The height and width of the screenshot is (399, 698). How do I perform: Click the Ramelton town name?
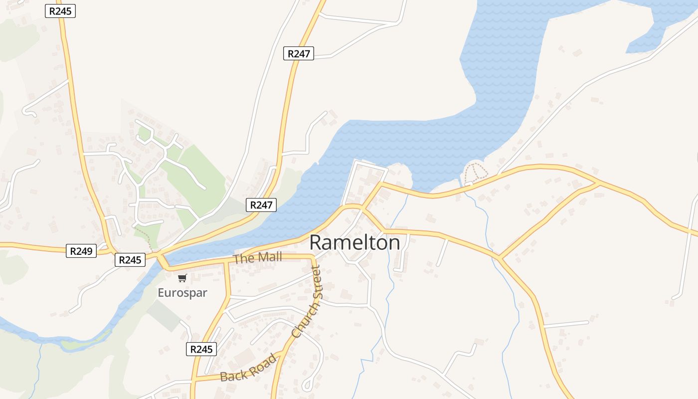tap(354, 243)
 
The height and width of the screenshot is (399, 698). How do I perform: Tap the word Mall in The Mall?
tap(270, 257)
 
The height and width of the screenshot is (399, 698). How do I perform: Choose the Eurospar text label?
tap(182, 293)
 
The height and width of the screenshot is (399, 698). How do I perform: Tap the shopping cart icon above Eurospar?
tap(182, 278)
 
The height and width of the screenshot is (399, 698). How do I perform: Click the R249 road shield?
tap(81, 251)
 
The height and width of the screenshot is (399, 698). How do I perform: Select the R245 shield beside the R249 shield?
tap(130, 259)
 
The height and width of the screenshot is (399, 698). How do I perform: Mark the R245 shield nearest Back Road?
tap(202, 349)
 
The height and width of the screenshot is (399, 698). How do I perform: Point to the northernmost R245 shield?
tap(60, 11)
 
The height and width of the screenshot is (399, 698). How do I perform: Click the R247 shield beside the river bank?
tap(261, 204)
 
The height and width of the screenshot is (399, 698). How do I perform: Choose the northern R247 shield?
tap(299, 53)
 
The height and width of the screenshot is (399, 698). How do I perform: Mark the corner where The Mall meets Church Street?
tap(313, 257)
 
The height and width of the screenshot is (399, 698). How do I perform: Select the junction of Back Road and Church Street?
tap(282, 353)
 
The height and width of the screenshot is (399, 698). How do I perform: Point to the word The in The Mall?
tap(244, 259)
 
